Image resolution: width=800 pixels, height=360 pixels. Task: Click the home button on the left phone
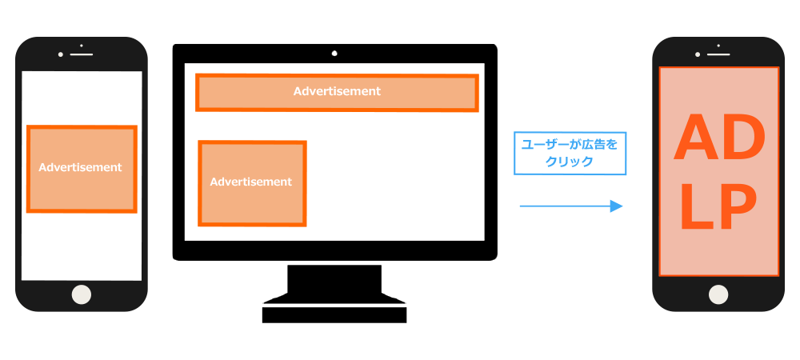tap(82, 294)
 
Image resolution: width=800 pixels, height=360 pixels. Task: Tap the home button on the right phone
tap(718, 294)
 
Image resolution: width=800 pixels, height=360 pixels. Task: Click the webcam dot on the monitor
tap(334, 54)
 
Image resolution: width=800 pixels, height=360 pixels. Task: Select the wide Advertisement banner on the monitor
tap(337, 93)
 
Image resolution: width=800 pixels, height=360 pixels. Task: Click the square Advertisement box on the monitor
tap(252, 183)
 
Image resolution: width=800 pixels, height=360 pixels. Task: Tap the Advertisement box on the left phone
tap(81, 169)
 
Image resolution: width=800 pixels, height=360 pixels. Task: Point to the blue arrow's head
tap(617, 206)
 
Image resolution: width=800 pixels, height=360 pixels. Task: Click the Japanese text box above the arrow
tap(570, 153)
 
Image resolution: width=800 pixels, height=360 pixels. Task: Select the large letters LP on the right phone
tap(718, 210)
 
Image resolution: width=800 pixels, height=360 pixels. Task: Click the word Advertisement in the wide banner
tap(337, 91)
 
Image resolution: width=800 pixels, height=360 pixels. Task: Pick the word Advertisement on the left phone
tap(80, 167)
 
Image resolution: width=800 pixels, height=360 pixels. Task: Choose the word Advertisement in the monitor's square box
tap(251, 182)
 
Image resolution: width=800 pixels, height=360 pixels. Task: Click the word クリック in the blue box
tap(570, 161)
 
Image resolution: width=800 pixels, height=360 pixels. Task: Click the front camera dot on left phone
tap(60, 54)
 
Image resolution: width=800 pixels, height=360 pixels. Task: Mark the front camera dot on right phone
tap(697, 54)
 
